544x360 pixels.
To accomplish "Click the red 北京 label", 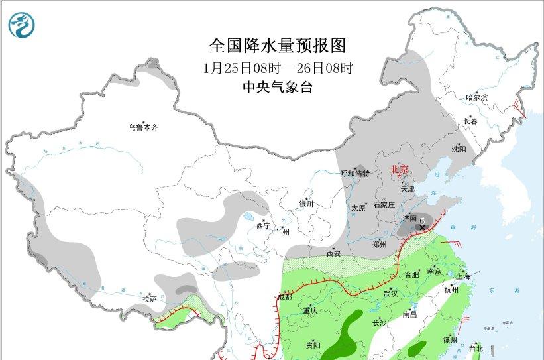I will click(400, 169).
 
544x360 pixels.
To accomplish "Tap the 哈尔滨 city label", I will click(476, 97).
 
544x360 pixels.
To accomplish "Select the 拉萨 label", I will click(150, 299).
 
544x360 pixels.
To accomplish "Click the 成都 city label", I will click(284, 297).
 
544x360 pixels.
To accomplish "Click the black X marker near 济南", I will click(422, 227).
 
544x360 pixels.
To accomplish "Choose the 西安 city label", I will click(334, 253).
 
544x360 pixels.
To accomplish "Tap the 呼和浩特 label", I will click(354, 173).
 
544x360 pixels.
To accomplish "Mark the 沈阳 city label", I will click(459, 149).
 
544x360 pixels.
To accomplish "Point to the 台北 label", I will click(476, 348).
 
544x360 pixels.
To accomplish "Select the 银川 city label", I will click(306, 204).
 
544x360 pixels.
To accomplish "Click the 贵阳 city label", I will click(313, 345).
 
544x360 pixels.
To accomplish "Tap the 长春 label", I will click(470, 121).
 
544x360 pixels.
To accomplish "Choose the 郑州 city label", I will click(380, 244).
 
